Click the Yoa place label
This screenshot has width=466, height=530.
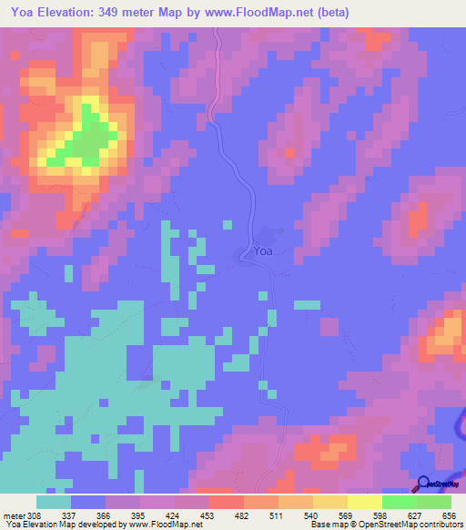tap(262, 251)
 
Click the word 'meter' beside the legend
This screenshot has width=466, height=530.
tap(13, 515)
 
